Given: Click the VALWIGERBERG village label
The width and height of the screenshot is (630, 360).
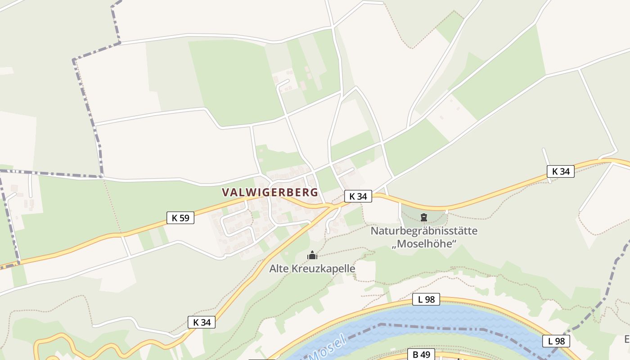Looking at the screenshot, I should [x=270, y=192].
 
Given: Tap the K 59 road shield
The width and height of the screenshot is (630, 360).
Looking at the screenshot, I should [x=180, y=218].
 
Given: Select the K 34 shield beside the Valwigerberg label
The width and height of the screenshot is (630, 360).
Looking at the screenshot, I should [x=358, y=196].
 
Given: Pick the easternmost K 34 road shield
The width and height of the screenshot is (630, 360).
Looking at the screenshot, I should [x=561, y=171].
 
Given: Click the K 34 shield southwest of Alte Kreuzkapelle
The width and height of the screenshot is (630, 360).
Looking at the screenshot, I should [x=202, y=322].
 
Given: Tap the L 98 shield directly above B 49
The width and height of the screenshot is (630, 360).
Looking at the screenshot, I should [x=426, y=299].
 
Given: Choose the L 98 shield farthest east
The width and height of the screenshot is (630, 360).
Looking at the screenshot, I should [x=556, y=341].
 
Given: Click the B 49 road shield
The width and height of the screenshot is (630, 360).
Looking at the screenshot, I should [x=422, y=355].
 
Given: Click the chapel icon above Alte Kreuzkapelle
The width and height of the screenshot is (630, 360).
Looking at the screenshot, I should [x=312, y=256].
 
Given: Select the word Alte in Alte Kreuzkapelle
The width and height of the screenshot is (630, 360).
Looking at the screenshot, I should [x=279, y=269].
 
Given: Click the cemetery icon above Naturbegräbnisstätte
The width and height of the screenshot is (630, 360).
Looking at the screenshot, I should [x=423, y=218].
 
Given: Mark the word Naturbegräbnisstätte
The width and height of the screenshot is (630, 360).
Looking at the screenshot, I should [x=424, y=231].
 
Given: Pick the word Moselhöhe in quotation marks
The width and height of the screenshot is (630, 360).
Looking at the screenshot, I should [x=424, y=244].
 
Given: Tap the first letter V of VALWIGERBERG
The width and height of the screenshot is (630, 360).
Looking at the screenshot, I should [x=225, y=192].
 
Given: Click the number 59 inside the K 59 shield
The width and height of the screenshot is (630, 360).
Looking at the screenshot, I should [x=184, y=218].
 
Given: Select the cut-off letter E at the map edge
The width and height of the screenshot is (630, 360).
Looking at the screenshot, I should [x=627, y=339].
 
